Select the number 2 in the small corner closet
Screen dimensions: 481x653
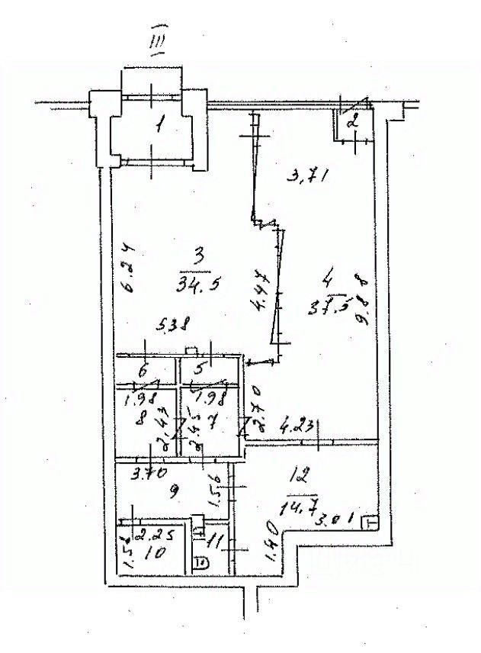coord(352,120)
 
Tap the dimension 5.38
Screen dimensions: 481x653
coord(175,325)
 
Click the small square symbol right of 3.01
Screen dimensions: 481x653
coord(370,523)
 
